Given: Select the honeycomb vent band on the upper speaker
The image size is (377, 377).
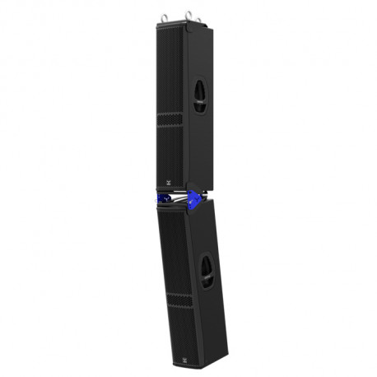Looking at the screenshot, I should point(170,120).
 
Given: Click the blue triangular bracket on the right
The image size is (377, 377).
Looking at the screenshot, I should point(195,198).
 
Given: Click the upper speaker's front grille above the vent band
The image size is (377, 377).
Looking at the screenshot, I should point(170,66).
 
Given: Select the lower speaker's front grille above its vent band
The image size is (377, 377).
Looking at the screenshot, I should point(173,247).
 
